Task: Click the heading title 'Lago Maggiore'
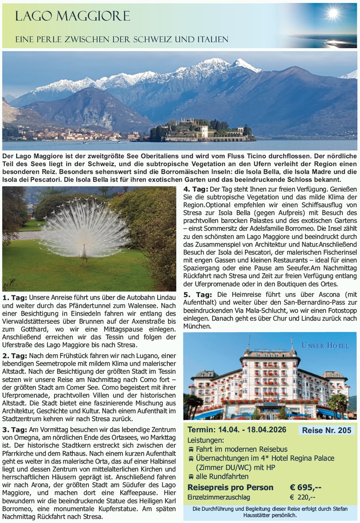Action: click(x=72, y=16)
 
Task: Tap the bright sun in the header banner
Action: click(x=333, y=14)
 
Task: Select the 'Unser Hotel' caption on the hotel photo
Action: click(x=325, y=346)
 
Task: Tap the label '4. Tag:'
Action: click(x=196, y=190)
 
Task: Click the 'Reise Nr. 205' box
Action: click(x=327, y=430)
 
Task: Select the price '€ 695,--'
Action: click(x=306, y=487)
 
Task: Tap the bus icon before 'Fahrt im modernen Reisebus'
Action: click(x=191, y=449)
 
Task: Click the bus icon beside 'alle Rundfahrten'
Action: click(x=191, y=477)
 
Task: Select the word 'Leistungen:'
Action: click(x=205, y=440)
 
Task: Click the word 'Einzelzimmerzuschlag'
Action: click(x=218, y=497)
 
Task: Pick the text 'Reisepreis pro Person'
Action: click(x=230, y=487)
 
